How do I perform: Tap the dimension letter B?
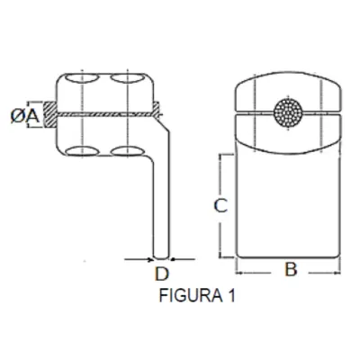(291, 269)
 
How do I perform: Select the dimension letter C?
(220, 206)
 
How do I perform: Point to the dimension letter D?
(162, 274)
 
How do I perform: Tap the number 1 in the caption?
(230, 295)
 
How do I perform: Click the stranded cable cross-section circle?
(288, 112)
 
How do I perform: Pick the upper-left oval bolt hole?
(82, 78)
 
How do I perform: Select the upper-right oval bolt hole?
(128, 78)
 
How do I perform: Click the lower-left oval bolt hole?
(82, 151)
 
